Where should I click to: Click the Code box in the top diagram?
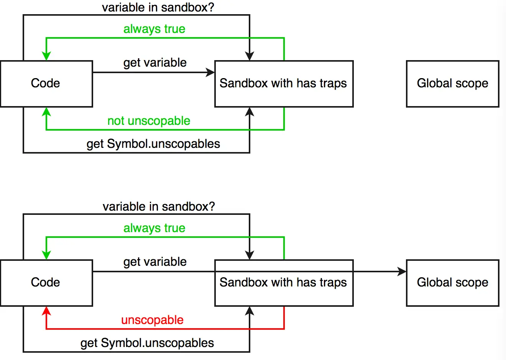46,84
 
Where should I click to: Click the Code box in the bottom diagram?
46,283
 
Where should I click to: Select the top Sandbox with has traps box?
284,84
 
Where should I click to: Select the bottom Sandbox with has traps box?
284,283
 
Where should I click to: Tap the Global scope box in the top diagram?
453,84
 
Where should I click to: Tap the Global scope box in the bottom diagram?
453,283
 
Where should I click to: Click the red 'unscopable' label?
152,320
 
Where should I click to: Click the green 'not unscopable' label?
149,121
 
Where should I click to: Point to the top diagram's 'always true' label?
154,29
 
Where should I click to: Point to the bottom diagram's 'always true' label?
154,228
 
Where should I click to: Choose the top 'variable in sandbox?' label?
158,7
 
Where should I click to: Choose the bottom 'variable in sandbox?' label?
159,206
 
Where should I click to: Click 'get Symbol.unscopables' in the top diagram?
153,144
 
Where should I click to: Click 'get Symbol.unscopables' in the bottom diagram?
147,343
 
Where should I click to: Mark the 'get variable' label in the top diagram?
155,63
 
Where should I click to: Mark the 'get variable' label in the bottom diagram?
155,262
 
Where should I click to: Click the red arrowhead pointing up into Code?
46,311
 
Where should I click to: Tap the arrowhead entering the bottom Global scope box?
402,272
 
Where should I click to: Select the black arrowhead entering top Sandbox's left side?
210,72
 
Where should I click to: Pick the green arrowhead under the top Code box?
46,112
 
